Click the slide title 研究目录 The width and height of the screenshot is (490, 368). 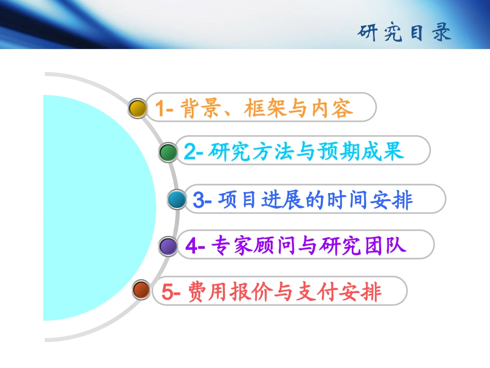pyautogui.click(x=404, y=33)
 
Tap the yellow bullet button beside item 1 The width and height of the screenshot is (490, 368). pyautogui.click(x=138, y=108)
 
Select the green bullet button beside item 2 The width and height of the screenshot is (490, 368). pyautogui.click(x=168, y=152)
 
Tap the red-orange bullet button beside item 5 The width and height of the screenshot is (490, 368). pyautogui.click(x=141, y=290)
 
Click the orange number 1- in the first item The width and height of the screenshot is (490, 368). pyautogui.click(x=166, y=108)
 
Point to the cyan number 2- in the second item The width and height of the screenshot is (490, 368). pyautogui.click(x=195, y=152)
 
